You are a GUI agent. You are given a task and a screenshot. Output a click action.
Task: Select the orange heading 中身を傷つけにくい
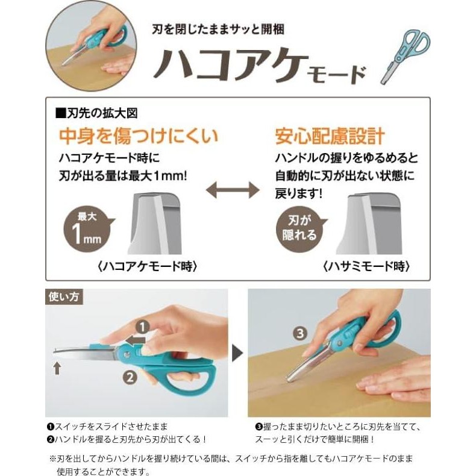coord(138,136)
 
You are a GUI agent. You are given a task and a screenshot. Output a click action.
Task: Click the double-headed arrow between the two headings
coord(233,192)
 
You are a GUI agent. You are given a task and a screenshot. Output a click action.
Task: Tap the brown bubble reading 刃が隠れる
coord(299,228)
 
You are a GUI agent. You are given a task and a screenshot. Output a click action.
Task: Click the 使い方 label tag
coord(64,296)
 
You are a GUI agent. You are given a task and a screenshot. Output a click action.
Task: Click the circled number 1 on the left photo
coord(143,327)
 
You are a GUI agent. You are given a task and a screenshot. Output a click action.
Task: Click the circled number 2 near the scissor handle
coord(130,378)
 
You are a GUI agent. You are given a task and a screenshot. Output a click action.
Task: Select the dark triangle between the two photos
coord(237,352)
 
